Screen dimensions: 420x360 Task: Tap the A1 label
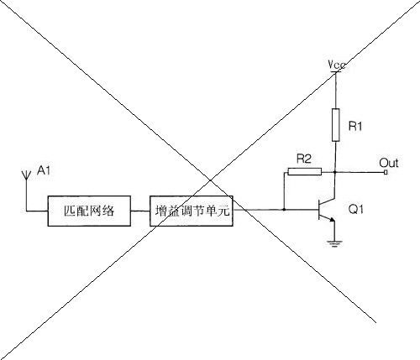(44, 170)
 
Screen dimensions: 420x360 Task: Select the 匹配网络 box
(89, 211)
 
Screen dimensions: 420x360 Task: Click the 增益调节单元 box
(192, 211)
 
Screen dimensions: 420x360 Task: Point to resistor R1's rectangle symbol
(336, 125)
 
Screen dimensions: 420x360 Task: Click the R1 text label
(355, 127)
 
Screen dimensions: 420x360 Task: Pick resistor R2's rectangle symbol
(305, 171)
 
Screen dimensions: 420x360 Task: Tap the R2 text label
(304, 159)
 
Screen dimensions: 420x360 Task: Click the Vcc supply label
(337, 65)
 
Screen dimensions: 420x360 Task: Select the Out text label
(389, 163)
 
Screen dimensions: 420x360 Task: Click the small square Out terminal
(386, 172)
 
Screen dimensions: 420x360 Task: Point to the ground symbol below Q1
(334, 243)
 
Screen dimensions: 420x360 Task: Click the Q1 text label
(355, 209)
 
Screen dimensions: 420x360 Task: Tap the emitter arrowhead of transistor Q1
(333, 220)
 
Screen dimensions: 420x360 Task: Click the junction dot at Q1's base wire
(284, 209)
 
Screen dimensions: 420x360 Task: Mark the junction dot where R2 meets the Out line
(335, 172)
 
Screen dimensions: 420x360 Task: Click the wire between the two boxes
(140, 211)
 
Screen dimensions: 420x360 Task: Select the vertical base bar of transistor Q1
(319, 209)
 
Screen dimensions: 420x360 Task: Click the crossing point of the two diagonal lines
(210, 180)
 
